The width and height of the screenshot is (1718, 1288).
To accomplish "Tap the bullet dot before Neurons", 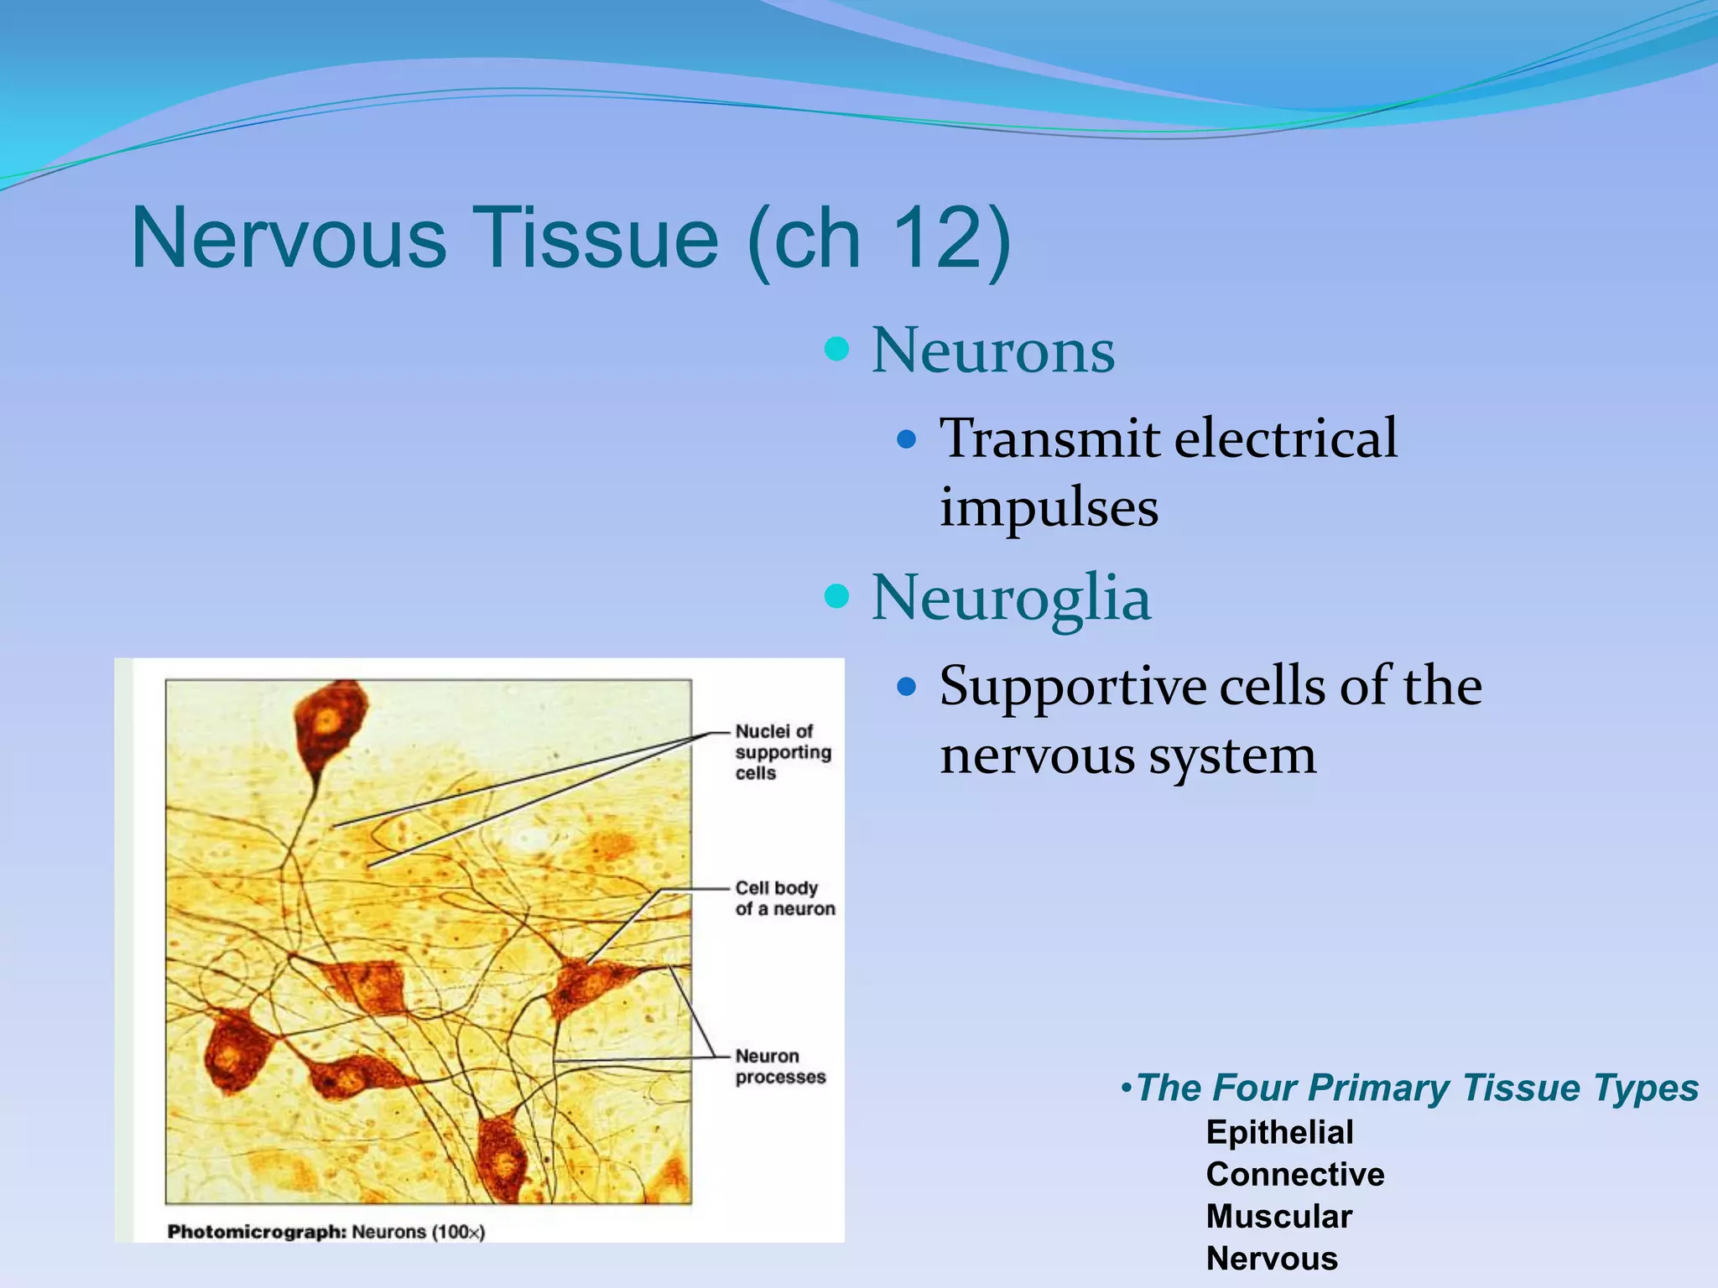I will click(x=836, y=349).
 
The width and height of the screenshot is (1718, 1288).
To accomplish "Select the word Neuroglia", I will click(x=1011, y=597).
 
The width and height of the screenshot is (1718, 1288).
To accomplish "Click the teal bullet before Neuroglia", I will click(x=836, y=596).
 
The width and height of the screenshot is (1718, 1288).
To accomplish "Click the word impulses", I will click(x=1049, y=506).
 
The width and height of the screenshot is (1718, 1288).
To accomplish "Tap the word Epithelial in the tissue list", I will click(x=1279, y=1132).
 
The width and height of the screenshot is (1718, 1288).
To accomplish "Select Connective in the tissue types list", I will click(x=1294, y=1174).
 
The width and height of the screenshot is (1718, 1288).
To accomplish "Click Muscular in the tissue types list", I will click(x=1278, y=1216).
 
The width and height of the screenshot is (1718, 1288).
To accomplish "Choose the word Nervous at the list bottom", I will click(x=1272, y=1259).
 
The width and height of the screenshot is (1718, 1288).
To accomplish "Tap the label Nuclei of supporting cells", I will click(x=782, y=752).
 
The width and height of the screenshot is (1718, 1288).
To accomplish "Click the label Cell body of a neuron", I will click(x=784, y=898).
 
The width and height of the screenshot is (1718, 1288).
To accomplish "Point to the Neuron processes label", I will click(x=780, y=1066).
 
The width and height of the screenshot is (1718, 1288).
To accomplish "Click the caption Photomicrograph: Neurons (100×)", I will click(x=325, y=1232).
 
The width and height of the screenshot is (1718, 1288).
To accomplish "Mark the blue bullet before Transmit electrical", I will click(x=906, y=439).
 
